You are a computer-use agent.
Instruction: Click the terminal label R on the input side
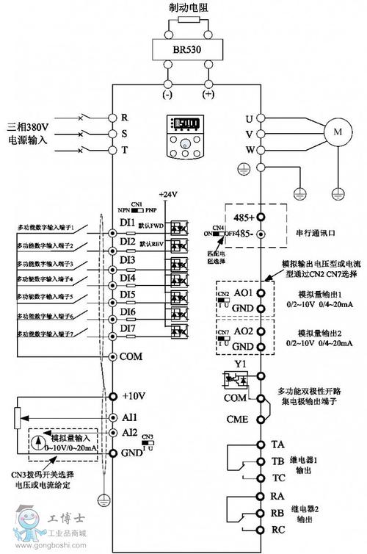coord(125,118)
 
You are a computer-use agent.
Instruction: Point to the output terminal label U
coord(248,118)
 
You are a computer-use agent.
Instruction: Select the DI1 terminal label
coord(127,222)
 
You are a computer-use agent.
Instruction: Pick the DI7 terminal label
coord(127,328)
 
